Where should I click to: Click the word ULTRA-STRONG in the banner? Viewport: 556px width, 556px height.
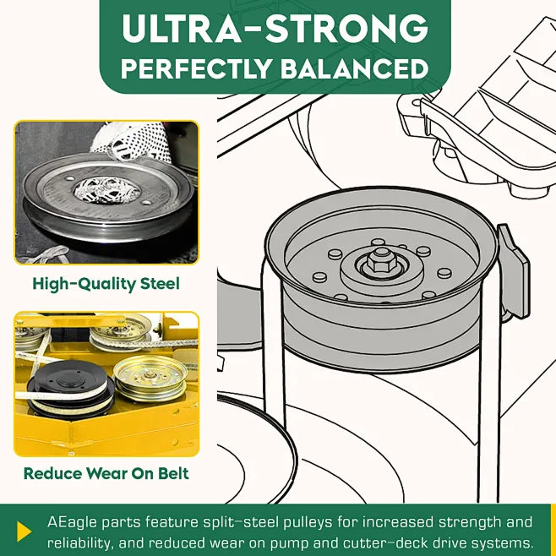pos(275,29)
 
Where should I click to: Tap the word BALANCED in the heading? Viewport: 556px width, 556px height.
pos(355,68)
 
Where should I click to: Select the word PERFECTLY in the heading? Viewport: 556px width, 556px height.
pos(196,68)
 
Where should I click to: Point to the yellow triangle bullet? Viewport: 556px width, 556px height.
pos(24,531)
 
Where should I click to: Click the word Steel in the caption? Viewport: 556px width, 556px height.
pos(160,284)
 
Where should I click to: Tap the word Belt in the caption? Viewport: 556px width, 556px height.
pos(173,473)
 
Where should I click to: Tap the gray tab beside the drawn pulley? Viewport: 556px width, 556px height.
pos(513,271)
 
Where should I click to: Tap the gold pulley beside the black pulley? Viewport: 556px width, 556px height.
pos(150,379)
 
